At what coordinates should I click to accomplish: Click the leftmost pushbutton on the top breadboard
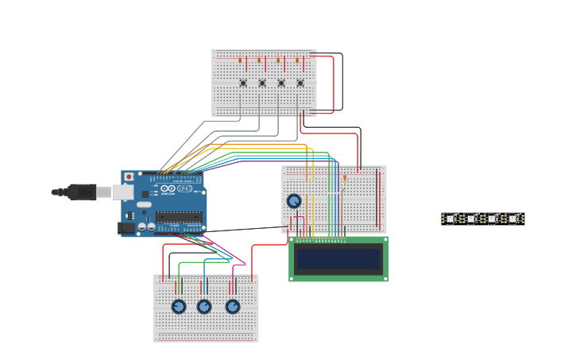[243, 83]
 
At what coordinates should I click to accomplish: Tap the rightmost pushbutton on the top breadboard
[300, 83]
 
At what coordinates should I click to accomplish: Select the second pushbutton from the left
[262, 83]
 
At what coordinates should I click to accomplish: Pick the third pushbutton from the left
[281, 83]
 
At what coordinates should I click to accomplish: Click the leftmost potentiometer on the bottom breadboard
[179, 307]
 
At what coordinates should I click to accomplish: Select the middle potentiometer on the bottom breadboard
[204, 307]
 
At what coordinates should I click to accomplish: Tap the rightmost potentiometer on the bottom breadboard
[233, 307]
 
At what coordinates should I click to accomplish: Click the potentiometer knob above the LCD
[294, 201]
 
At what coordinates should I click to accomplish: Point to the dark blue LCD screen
[338, 259]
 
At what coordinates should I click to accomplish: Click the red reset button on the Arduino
[129, 176]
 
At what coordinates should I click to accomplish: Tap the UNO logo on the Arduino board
[184, 188]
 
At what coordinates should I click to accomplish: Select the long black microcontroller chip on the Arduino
[179, 217]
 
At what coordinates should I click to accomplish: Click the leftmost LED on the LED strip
[450, 219]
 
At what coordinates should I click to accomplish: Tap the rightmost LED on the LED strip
[512, 219]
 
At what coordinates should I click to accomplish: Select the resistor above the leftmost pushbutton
[240, 60]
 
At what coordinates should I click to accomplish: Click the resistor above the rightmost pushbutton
[297, 60]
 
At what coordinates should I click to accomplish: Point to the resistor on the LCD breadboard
[345, 178]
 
